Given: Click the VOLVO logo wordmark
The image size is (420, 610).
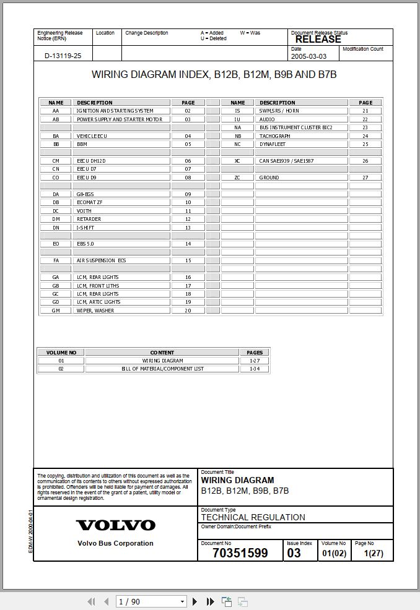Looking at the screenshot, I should point(115,525).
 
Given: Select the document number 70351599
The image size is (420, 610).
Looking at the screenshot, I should point(240,553).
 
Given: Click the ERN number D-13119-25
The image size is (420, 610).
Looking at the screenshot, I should point(63,56).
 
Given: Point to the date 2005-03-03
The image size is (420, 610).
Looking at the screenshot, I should point(308,56).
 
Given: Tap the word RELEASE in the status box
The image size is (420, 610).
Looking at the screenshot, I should point(318,39).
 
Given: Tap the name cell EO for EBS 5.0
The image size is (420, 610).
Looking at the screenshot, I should point(56,244).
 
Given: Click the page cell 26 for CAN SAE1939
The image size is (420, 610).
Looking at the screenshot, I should point(365,161).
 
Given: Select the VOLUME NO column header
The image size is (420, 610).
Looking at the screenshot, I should point(61,353).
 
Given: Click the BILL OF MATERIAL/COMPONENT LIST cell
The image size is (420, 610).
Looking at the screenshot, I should point(162,369).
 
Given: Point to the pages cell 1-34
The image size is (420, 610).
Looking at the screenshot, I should point(255,369).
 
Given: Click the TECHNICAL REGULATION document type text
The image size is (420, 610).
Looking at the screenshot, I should point(253,517).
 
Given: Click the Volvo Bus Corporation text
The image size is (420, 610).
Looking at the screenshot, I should point(115,543).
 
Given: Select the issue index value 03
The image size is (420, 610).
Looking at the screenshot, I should point(294,553).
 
